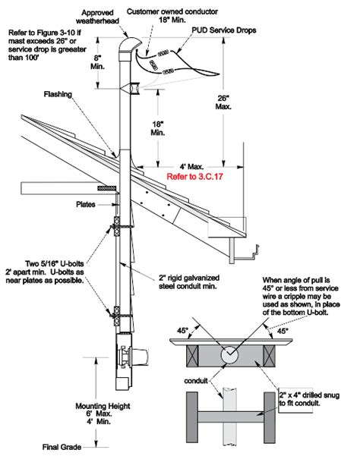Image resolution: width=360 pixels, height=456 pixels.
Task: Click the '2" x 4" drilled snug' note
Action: (x=307, y=398)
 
